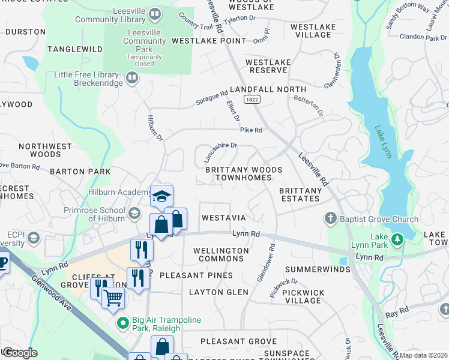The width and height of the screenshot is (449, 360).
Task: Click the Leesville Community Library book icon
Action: pyautogui.click(x=155, y=13)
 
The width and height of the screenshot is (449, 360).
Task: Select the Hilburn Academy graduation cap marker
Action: pyautogui.click(x=161, y=196)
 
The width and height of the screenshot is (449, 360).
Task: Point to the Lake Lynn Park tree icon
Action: pyautogui.click(x=396, y=240)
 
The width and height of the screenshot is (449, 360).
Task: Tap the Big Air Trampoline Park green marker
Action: pyautogui.click(x=123, y=323)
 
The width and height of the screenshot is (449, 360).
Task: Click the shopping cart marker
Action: pyautogui.click(x=113, y=297)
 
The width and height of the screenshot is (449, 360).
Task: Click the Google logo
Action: pyautogui.click(x=20, y=353)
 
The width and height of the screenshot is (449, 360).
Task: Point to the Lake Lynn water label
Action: pyautogui.click(x=384, y=142)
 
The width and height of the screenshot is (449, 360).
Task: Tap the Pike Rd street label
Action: pyautogui.click(x=251, y=130)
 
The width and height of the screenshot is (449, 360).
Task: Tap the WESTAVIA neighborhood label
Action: pyautogui.click(x=223, y=217)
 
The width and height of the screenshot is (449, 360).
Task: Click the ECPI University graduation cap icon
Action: pyautogui.click(x=34, y=239)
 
